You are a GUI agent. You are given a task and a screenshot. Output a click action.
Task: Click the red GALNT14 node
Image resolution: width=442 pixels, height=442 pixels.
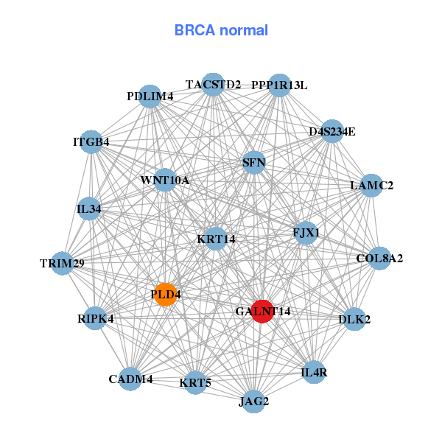coord(262,311)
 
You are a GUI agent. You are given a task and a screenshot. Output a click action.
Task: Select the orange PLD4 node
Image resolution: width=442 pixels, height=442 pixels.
coord(165,294)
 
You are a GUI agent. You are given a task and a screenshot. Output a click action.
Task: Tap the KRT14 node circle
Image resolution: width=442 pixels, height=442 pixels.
coord(215,239)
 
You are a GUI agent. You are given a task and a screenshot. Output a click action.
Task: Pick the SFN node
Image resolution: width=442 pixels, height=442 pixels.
coord(253,162)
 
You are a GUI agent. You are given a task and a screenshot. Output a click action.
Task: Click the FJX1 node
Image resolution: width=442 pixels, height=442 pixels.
coord(306,233)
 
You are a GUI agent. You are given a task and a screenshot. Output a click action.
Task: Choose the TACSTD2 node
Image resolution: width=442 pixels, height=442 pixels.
coord(213,85)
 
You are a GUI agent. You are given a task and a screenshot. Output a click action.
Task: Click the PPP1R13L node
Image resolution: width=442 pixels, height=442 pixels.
coord(279,85)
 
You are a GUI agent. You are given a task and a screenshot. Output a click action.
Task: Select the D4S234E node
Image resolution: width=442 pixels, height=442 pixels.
coord(331,131)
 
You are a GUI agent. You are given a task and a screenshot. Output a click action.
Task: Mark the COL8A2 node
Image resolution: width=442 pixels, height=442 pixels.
coord(379,259)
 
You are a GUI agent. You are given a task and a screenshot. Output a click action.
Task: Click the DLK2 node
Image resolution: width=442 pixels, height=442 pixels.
coord(354,319)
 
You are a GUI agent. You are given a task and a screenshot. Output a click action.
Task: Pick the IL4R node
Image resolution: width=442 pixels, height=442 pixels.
coord(314,373)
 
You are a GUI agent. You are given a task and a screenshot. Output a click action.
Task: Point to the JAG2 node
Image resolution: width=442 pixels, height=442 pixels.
coord(254,401)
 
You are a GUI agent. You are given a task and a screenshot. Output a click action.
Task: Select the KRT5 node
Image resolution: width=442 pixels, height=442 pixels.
coord(195,382)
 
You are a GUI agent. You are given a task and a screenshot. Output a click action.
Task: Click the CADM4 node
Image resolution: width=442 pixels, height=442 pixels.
coord(130,379)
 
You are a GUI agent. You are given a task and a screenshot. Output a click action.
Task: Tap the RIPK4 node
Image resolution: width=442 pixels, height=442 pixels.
coord(95,318)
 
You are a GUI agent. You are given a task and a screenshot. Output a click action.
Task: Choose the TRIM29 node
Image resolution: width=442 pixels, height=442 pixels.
coord(62,263)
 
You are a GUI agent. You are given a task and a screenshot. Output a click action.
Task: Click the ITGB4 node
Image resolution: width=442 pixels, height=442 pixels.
coord(91,141)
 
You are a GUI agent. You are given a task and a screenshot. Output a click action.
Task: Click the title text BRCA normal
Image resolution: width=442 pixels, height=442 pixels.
coord(221,31)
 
